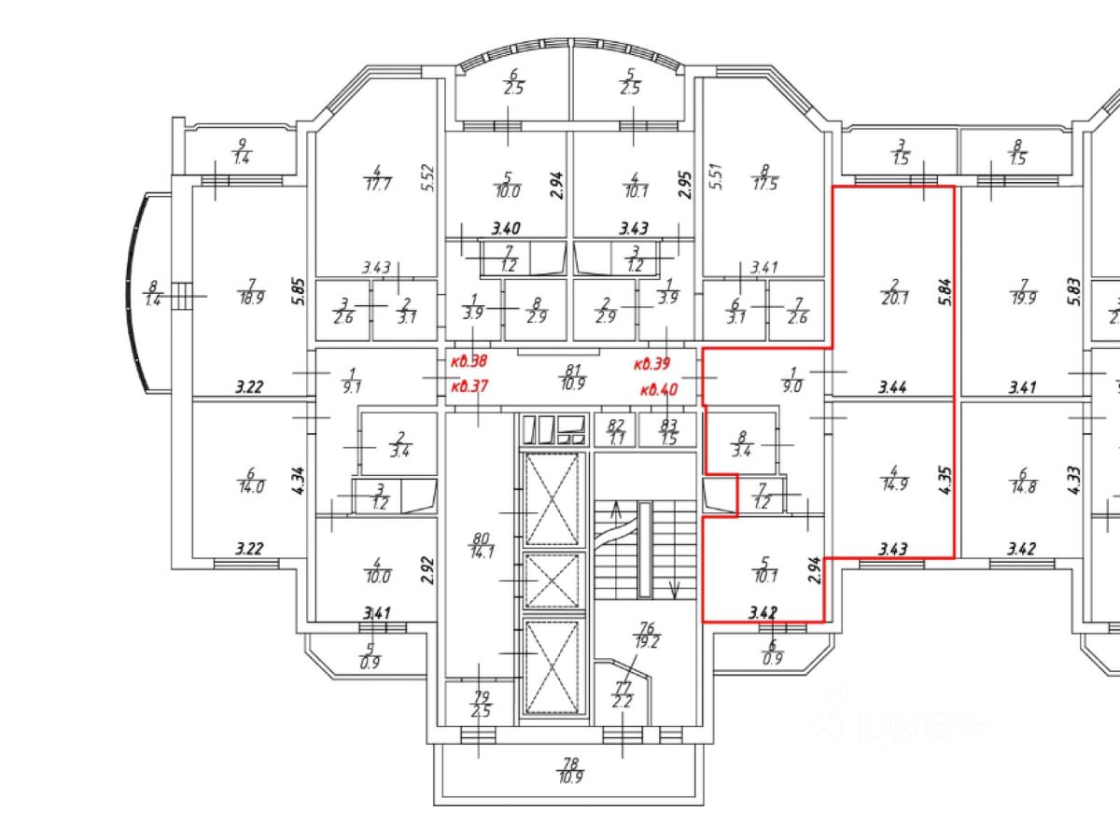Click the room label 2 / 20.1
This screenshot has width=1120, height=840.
tap(893, 292)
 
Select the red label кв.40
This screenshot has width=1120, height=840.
tap(659, 388)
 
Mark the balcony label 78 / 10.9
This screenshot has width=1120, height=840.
tap(569, 770)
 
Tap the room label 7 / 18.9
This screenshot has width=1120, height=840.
tap(249, 291)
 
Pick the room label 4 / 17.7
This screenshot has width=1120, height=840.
tap(377, 177)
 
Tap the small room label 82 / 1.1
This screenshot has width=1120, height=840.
tap(616, 430)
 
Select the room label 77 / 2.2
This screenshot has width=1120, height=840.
tap(622, 695)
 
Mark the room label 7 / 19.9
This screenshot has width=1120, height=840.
tap(1024, 292)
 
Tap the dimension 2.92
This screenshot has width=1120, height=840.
tap(428, 568)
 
